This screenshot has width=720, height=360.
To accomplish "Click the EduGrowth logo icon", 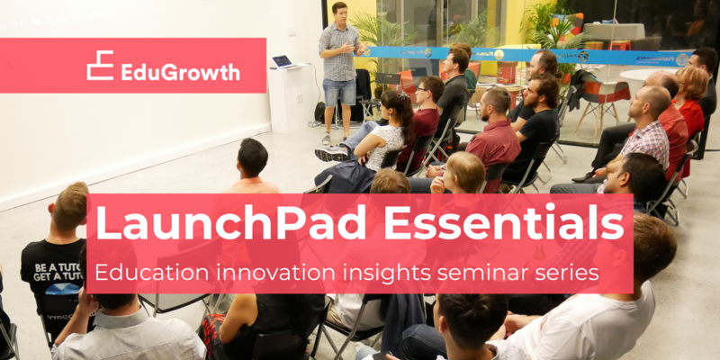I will (100, 66).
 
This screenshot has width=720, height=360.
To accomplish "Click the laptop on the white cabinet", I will (283, 62).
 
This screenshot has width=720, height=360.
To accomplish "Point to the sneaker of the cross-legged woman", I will (329, 154).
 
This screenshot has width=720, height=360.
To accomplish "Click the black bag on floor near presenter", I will (319, 112).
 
